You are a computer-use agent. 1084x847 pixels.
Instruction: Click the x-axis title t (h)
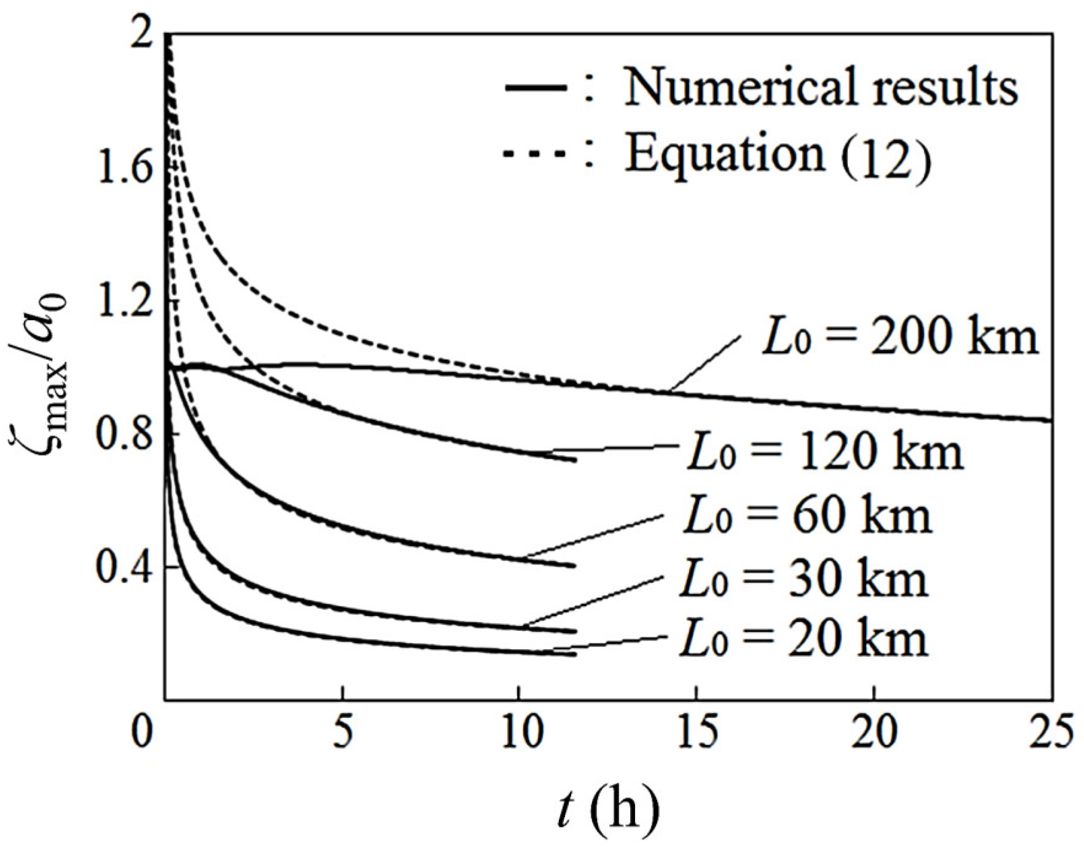click(608, 810)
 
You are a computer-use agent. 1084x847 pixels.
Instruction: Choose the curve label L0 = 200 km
click(899, 337)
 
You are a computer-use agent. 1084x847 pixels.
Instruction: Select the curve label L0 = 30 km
click(803, 579)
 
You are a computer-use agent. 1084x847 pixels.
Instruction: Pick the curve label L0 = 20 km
click(803, 639)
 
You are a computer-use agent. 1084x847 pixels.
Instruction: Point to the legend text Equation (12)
click(778, 155)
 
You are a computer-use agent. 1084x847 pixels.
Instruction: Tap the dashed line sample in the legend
click(534, 154)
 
